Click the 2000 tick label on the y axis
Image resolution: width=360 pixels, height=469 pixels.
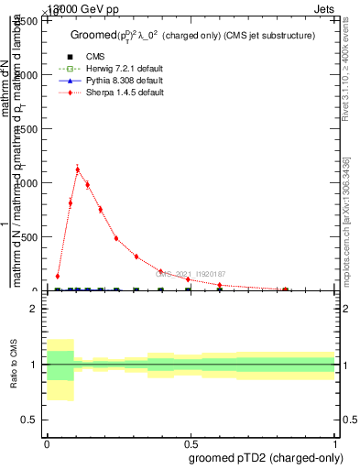pos(27,75)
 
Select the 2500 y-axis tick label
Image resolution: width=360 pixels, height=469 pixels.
pos(27,21)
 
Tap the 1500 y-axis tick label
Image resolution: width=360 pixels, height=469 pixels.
pos(27,129)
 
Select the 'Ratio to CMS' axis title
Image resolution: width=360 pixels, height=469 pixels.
pos(14,365)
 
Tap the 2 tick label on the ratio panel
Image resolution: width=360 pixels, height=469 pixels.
pos(34,310)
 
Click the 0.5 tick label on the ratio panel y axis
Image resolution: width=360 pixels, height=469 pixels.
pos(30,420)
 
